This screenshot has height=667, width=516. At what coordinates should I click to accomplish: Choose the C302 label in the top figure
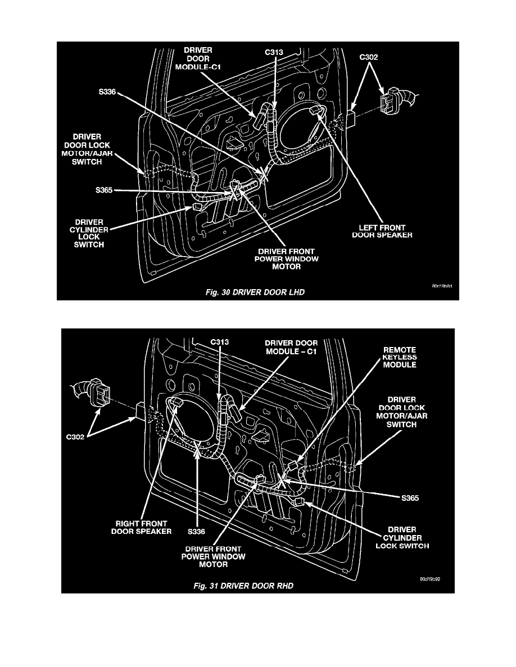pyautogui.click(x=372, y=57)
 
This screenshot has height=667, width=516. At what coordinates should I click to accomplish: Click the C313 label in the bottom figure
pyautogui.click(x=219, y=341)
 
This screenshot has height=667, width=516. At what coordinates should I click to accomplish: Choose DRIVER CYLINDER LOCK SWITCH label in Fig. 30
pyautogui.click(x=87, y=233)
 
